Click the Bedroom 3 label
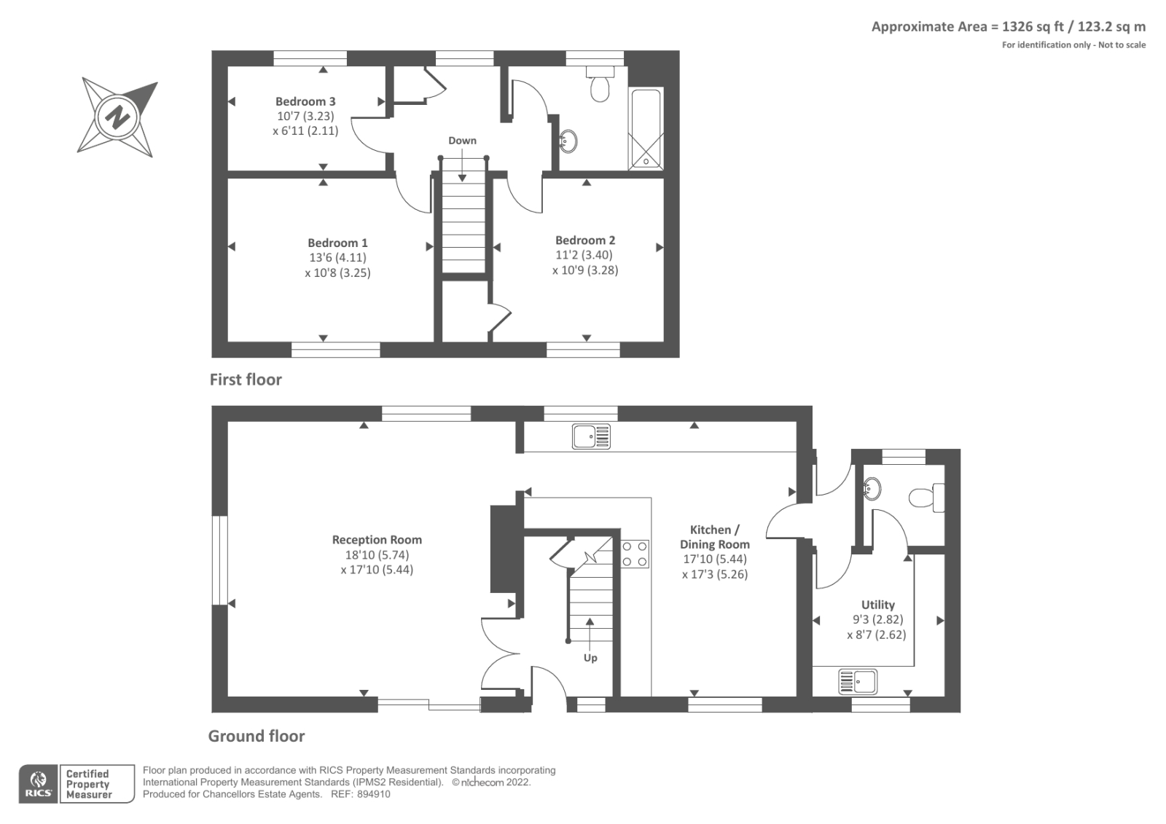tap(305, 101)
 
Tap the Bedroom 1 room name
tap(337, 243)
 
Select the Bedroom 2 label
tap(585, 240)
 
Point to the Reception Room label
tap(377, 540)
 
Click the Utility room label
tap(877, 605)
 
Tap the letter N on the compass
tap(117, 117)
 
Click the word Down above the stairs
tap(462, 141)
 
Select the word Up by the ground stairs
tap(590, 658)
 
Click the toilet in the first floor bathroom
tap(600, 83)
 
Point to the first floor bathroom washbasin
tap(568, 141)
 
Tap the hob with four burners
tap(635, 554)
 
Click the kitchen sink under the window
tap(591, 436)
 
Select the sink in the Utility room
tap(857, 681)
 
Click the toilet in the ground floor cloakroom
tap(926, 498)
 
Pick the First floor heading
tap(246, 380)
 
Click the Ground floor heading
tap(256, 736)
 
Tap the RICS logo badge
tap(39, 784)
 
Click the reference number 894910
tap(373, 794)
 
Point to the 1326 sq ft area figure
tap(1033, 26)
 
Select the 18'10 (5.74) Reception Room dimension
tap(377, 555)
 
